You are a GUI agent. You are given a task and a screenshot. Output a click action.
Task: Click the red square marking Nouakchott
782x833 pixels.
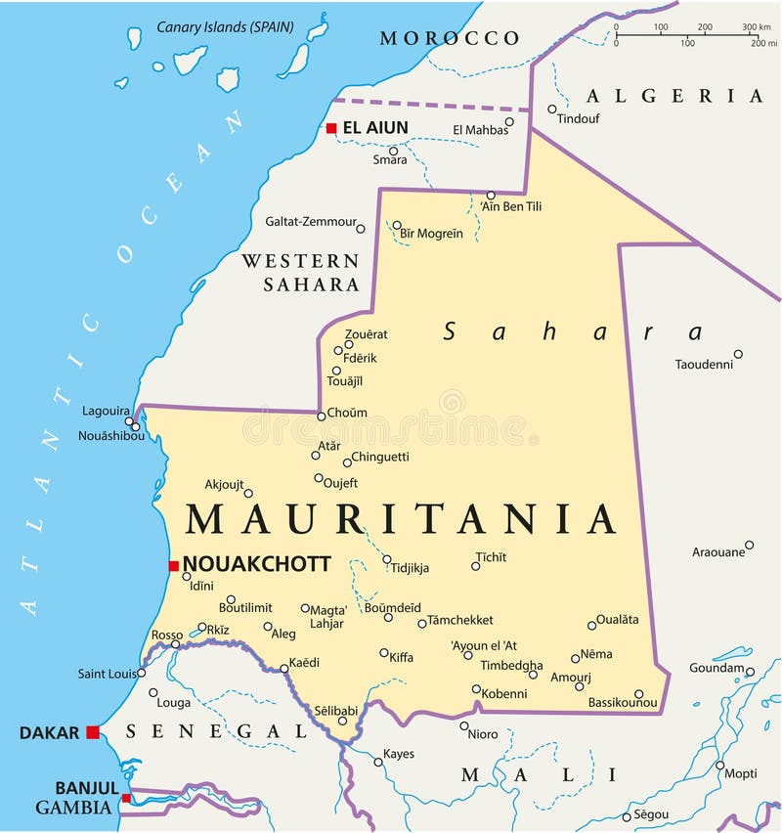click(173, 565)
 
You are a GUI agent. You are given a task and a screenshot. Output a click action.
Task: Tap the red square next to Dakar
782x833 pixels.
click(93, 732)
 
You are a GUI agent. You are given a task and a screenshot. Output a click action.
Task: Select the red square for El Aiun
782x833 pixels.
click(331, 128)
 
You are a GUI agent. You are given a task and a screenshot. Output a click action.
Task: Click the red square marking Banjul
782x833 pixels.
click(125, 799)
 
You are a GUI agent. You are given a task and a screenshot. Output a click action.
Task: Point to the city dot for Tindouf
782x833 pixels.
click(552, 110)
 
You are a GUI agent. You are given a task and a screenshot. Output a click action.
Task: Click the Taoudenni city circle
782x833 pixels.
click(738, 354)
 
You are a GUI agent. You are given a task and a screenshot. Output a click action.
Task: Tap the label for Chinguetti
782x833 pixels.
click(380, 456)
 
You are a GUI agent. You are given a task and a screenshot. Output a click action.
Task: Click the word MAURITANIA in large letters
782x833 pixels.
click(401, 519)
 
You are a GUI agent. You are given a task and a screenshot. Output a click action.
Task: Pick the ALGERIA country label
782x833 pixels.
click(673, 96)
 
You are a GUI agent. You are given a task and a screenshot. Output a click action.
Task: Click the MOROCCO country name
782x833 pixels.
click(450, 38)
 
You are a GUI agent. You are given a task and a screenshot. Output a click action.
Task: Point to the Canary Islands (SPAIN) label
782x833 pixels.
click(225, 26)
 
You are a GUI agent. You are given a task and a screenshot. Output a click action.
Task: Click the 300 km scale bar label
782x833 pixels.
click(756, 27)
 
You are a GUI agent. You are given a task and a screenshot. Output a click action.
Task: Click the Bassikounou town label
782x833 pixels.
click(623, 702)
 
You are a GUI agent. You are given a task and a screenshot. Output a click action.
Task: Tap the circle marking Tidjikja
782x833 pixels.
click(387, 560)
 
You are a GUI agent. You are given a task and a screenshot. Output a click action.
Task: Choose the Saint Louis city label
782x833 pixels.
click(106, 674)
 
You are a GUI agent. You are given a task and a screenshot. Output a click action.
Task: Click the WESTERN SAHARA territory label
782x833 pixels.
click(300, 273)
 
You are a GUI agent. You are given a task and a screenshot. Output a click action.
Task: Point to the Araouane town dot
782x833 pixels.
click(749, 545)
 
